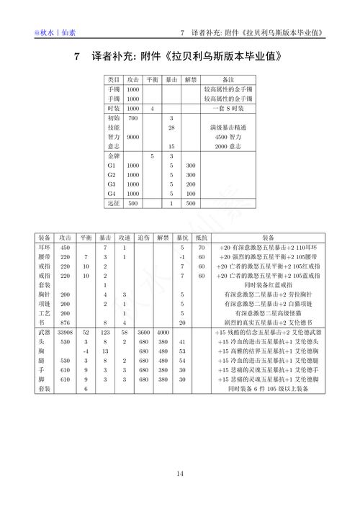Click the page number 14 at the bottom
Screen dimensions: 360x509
(x=180, y=474)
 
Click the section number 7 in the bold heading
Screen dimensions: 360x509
(x=77, y=56)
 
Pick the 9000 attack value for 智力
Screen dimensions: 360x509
(x=132, y=136)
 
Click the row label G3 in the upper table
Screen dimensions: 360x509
(x=111, y=184)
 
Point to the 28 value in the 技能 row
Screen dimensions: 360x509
(x=171, y=127)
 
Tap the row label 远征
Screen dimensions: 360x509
(x=113, y=204)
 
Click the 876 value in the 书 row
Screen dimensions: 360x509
(x=66, y=323)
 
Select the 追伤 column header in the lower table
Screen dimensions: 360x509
(x=144, y=237)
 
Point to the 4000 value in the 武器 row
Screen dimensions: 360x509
(x=163, y=333)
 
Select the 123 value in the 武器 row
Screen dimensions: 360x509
(x=105, y=333)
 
